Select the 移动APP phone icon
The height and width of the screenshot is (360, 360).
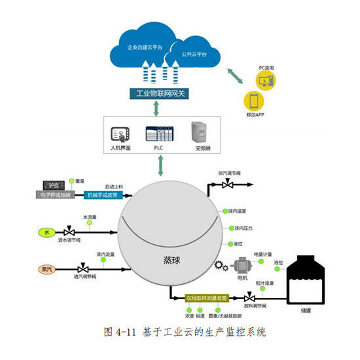253,101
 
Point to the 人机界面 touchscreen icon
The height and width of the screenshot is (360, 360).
120,134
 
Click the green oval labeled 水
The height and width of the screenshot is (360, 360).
47,232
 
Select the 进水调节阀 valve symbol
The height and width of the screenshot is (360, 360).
69,232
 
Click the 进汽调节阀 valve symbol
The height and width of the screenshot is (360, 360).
82,268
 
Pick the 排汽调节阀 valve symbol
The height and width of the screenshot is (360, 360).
228,185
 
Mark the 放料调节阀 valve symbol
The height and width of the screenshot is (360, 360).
249,298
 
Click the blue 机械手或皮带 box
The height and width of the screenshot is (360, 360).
103,194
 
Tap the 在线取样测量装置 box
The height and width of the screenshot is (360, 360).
207,298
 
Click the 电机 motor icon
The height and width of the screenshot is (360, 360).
243,266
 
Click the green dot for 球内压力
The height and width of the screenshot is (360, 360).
230,228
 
